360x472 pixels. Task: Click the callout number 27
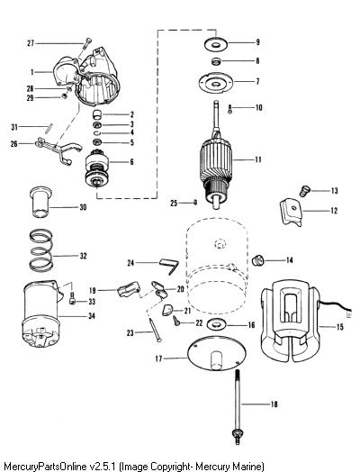[x=31, y=43]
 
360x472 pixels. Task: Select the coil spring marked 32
[x=41, y=250]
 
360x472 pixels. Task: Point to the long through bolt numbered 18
[x=238, y=407]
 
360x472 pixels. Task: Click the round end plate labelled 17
[x=217, y=354]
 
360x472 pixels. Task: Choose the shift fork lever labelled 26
[x=58, y=150]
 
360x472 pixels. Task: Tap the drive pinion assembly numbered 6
[x=97, y=170]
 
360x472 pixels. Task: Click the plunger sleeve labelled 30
[x=41, y=202]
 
